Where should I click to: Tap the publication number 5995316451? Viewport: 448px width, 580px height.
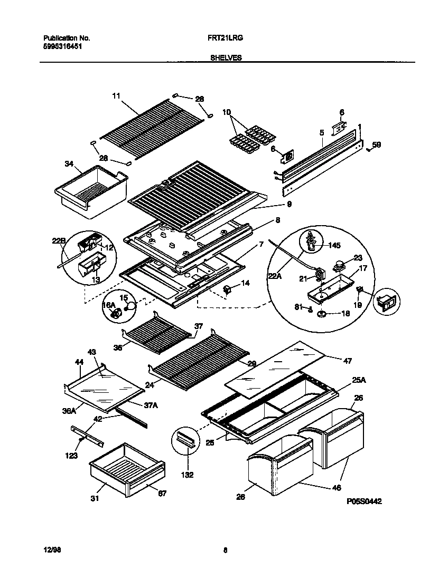point(62,46)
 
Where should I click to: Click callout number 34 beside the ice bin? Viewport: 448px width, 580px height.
point(69,163)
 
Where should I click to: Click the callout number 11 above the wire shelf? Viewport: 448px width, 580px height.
point(116,96)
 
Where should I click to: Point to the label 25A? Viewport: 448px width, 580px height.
point(344,379)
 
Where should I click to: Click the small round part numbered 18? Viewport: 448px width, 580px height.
point(321,315)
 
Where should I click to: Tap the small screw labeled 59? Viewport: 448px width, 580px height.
point(368,150)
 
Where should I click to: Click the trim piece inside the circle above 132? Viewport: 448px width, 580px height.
point(186,439)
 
